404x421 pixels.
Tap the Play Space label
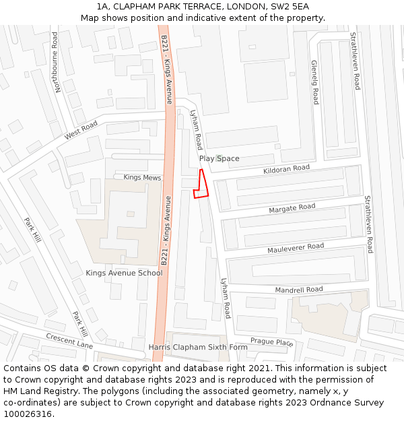point(220,159)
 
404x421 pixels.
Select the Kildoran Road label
point(286,168)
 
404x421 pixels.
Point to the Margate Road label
point(292,208)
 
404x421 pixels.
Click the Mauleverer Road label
point(296,248)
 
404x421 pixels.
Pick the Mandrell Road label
point(298,290)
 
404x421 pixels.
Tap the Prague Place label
point(272,342)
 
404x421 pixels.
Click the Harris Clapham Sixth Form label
point(198,348)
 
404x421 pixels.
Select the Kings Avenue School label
point(124,273)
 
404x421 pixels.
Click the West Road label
point(81,130)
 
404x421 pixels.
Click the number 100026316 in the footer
point(27,414)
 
